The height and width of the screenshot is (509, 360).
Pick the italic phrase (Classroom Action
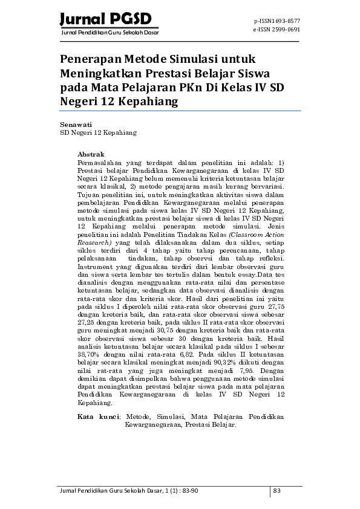click(255, 233)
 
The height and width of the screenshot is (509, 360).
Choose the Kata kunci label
click(100, 417)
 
